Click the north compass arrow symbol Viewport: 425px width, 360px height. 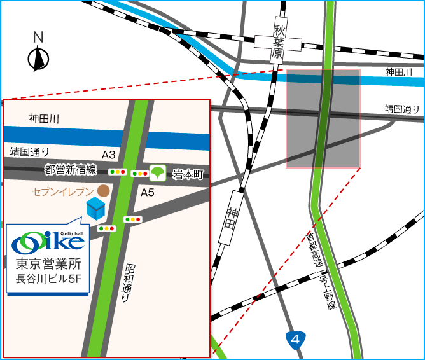38,59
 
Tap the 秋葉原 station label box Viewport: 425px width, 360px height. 277,43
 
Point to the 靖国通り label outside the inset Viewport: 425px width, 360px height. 403,109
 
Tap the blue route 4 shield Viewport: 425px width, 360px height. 295,340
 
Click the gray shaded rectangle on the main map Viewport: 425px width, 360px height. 323,118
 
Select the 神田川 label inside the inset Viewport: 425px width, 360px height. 44,118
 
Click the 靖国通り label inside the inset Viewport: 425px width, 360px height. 29,151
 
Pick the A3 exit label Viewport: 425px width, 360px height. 109,155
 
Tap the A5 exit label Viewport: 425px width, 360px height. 148,191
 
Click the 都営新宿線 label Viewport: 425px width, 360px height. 71,169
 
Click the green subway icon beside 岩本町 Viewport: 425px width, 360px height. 158,172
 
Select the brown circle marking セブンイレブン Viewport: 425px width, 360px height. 102,190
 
